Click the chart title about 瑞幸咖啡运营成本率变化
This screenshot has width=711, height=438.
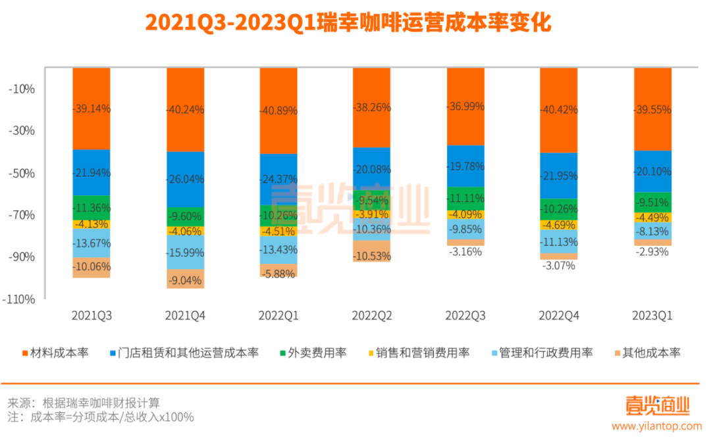tap(348, 23)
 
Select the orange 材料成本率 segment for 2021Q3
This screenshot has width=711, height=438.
tap(92, 109)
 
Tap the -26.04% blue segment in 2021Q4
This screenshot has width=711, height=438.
tap(185, 179)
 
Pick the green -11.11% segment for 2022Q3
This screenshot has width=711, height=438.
tap(465, 198)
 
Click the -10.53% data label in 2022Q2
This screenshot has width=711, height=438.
tap(371, 255)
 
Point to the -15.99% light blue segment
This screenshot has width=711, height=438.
tap(185, 252)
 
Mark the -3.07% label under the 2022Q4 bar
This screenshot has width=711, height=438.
tap(558, 266)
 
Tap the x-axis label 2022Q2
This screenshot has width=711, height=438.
tap(371, 316)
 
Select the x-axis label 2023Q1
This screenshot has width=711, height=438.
tap(652, 316)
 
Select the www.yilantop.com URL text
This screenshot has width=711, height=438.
tap(652, 427)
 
